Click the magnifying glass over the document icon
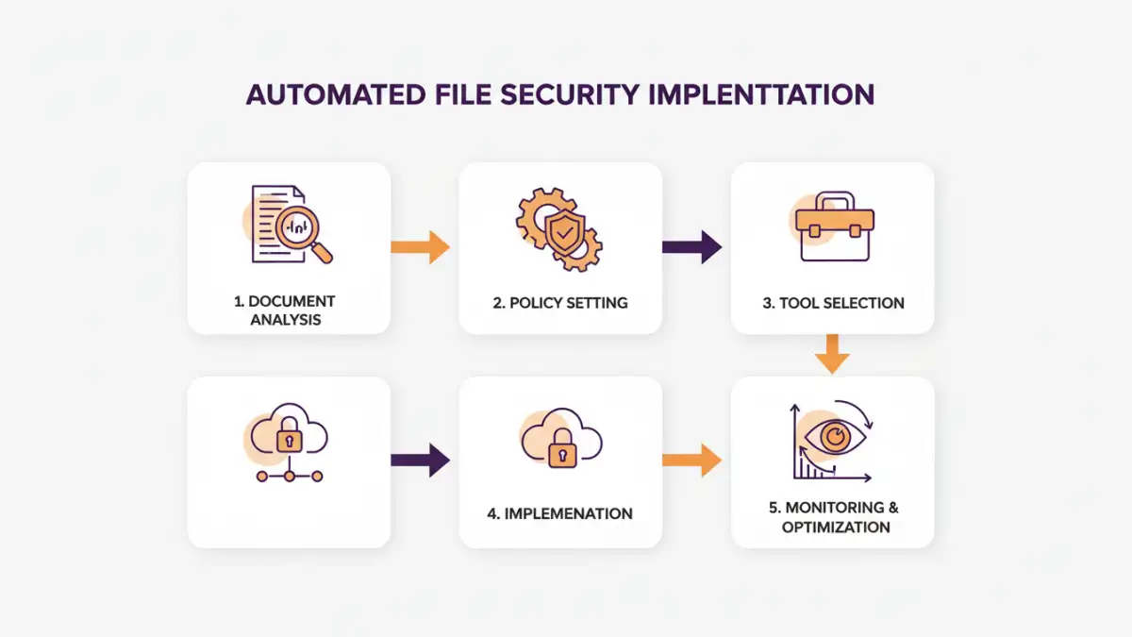click(303, 229)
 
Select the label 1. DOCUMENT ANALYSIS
click(285, 310)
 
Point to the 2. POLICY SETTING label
click(560, 303)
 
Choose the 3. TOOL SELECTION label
click(833, 303)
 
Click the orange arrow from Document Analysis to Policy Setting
click(421, 247)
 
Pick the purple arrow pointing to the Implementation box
click(421, 460)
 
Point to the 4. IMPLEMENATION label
click(560, 513)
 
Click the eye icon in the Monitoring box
click(834, 437)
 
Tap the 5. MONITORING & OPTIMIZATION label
click(834, 517)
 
